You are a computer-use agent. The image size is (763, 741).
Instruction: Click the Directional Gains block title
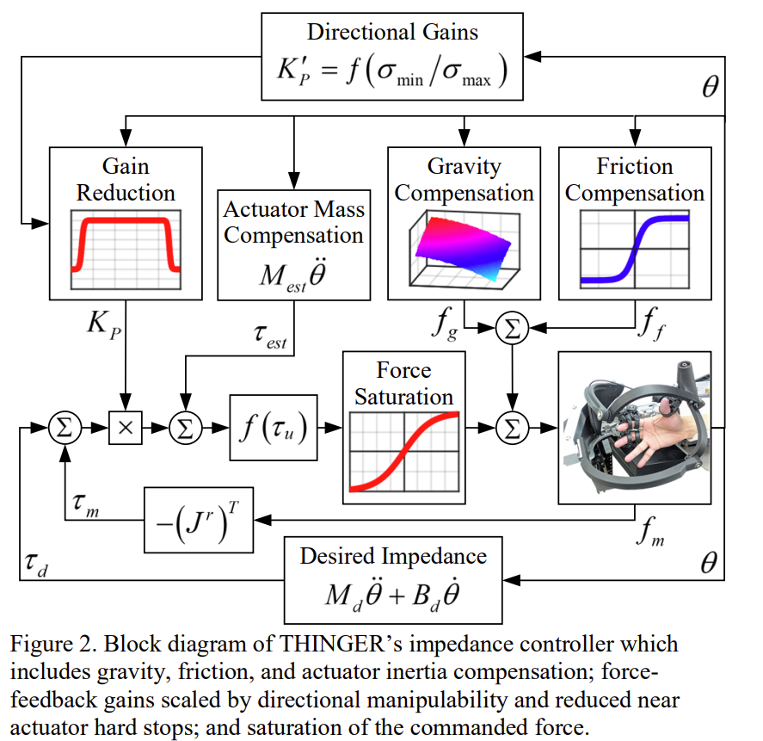[x=392, y=33]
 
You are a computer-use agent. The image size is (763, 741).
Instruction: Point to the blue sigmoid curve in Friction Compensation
[x=635, y=249]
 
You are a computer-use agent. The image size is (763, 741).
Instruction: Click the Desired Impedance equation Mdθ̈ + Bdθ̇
[x=393, y=593]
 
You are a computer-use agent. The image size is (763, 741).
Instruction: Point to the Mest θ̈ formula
[x=293, y=275]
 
